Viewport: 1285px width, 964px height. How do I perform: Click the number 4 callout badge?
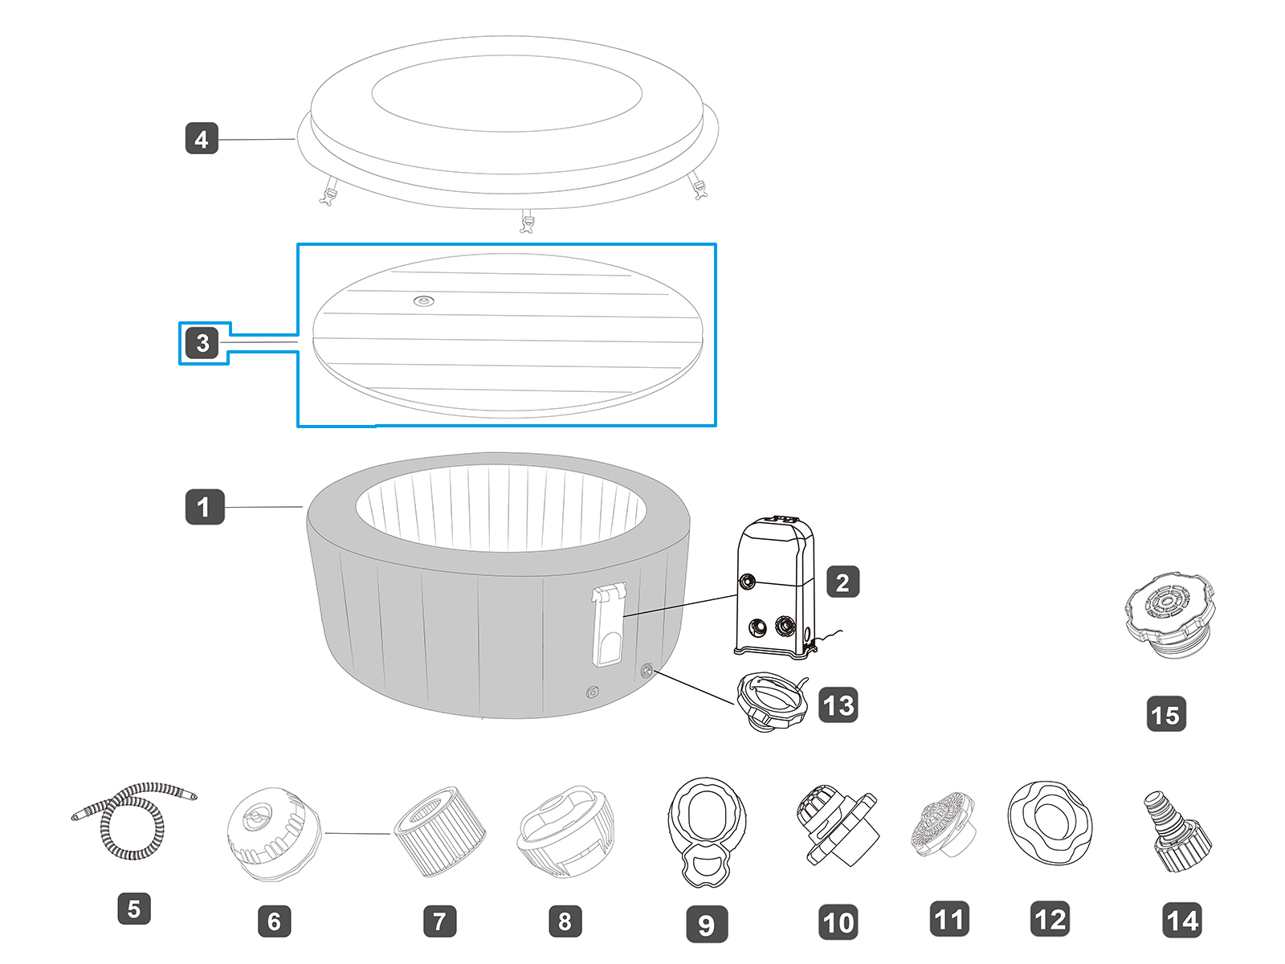coord(202,139)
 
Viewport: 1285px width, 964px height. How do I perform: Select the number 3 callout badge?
coord(202,343)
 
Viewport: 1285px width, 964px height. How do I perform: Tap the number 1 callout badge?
coord(204,507)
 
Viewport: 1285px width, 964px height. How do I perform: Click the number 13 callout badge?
coord(838,705)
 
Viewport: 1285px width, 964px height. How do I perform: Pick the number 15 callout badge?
coord(1166,714)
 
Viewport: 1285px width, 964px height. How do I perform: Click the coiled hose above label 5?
coord(135,819)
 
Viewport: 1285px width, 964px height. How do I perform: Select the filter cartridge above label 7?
coord(439,831)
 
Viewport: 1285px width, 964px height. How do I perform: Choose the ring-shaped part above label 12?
coord(1050,822)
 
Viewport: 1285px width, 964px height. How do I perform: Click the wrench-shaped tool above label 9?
coord(707,831)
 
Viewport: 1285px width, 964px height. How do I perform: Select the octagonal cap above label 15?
coord(1169,614)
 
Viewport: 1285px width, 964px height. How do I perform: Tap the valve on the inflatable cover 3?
coord(424,301)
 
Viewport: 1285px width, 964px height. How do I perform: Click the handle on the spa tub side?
coord(608,626)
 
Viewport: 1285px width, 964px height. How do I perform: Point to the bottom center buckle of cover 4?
coord(527,221)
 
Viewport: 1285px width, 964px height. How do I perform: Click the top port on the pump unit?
coord(747,581)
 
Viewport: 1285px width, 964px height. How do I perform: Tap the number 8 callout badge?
coord(565,921)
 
